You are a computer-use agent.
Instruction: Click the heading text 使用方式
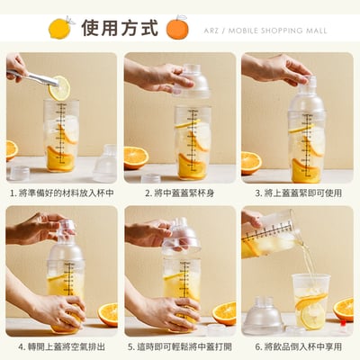coord(119,27)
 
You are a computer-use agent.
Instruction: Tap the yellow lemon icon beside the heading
coord(60,27)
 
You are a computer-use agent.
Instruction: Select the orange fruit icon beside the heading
coord(177,28)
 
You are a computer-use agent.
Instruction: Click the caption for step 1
coord(61,193)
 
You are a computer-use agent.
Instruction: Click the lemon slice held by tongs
coord(59,87)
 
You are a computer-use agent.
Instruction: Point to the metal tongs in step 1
coord(31,78)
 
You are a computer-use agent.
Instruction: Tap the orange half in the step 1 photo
coord(11,149)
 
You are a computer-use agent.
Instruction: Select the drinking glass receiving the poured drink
coord(310,301)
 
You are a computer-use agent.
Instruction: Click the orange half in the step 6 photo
coord(344,309)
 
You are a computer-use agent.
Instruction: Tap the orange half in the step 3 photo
coord(251,162)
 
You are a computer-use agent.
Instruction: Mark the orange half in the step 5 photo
coord(224,313)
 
